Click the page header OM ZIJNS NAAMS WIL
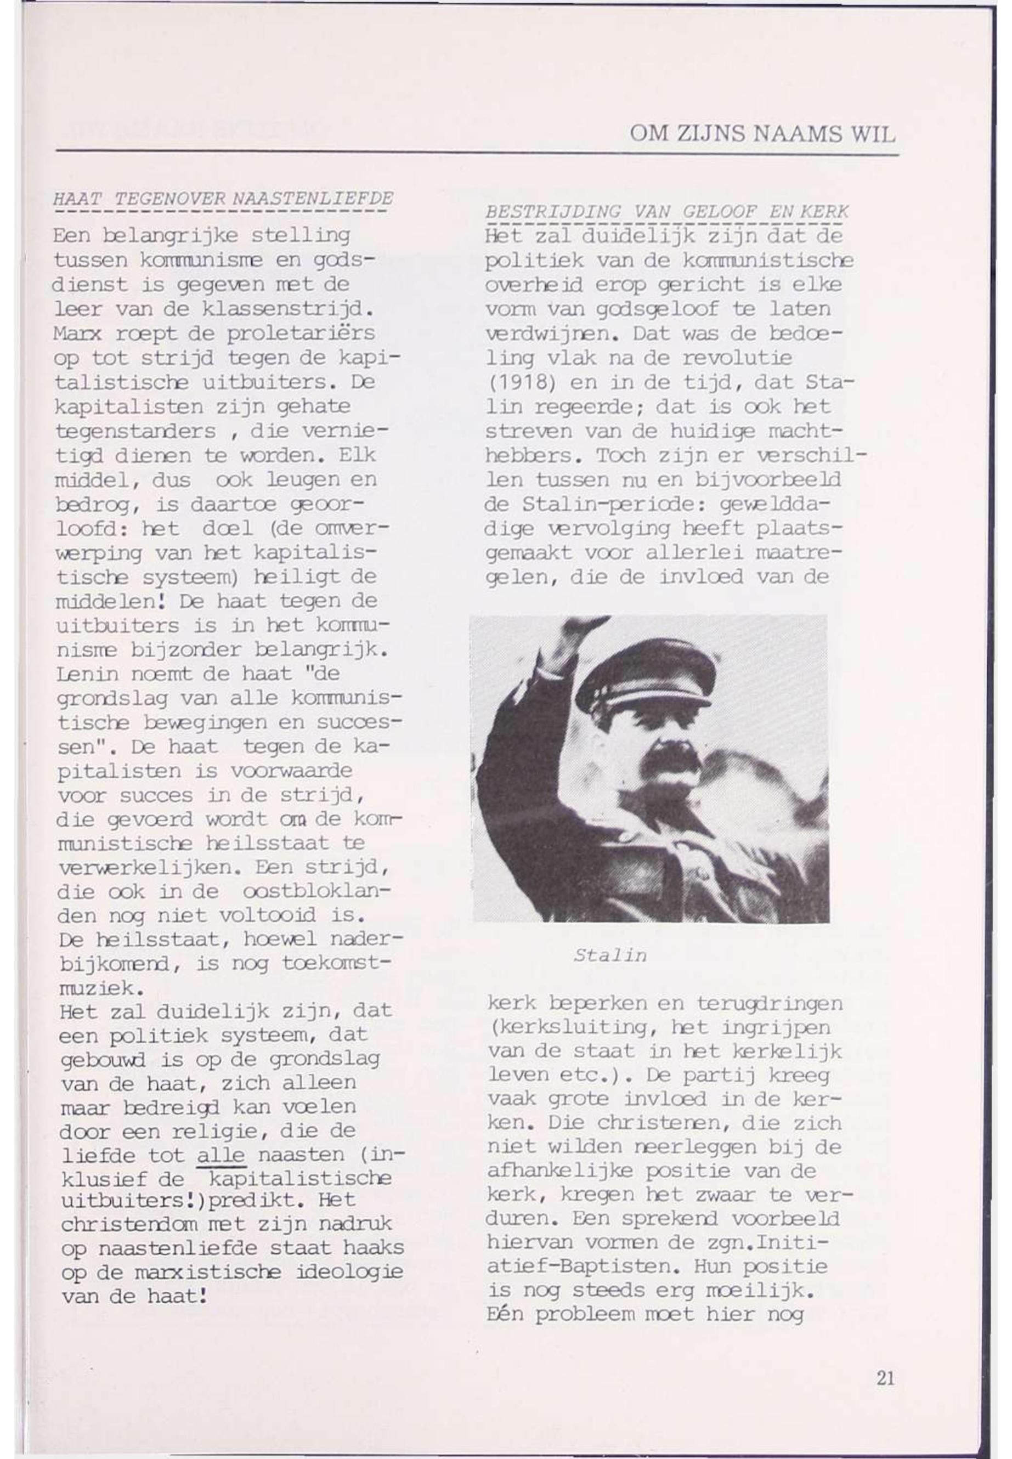[762, 134]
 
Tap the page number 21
[885, 1378]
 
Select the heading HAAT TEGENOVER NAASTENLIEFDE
[223, 199]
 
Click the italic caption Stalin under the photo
[610, 955]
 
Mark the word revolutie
[737, 358]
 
